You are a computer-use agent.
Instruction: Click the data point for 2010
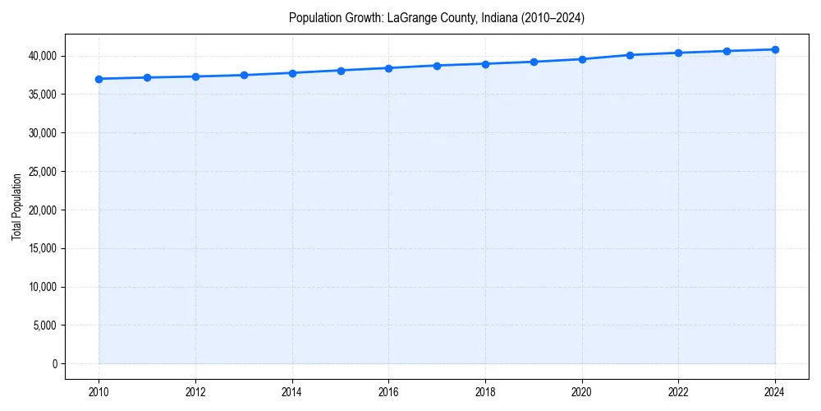[x=99, y=79]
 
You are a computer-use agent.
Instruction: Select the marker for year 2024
[x=775, y=49]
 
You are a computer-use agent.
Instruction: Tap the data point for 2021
[x=630, y=55]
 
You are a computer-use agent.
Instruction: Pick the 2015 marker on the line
[x=341, y=71]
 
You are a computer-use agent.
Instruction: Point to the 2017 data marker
[x=437, y=66]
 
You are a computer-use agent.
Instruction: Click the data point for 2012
[x=195, y=76]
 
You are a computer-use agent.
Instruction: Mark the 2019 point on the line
[x=534, y=62]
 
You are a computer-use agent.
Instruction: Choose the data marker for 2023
[x=727, y=51]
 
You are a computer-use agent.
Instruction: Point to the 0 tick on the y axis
[x=54, y=364]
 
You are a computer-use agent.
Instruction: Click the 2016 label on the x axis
[x=388, y=392]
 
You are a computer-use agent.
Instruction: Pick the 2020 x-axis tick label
[x=582, y=392]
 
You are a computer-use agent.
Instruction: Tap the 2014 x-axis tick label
[x=292, y=392]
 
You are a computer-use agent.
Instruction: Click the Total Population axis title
[x=16, y=206]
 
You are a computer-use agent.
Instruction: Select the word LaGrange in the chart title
[x=407, y=18]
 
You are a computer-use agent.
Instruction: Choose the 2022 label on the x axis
[x=678, y=392]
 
